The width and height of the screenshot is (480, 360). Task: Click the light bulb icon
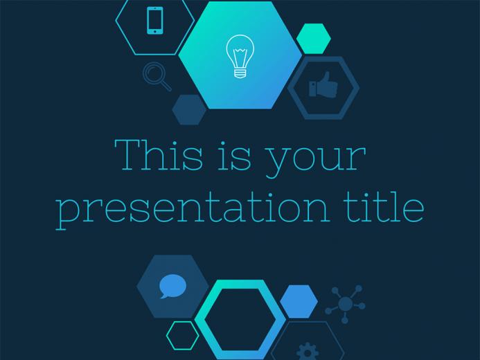point(240,56)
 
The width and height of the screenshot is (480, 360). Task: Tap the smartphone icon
point(155,21)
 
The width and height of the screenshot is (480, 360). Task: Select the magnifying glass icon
point(157,76)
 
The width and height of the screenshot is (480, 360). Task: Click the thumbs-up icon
point(323,85)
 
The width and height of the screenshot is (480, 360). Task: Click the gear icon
point(308,352)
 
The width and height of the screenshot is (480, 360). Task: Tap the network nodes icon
point(345,304)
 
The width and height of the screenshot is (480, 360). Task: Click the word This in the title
point(158,154)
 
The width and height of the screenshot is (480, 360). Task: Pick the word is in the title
point(234,156)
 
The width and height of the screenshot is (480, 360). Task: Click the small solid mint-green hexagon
point(314,39)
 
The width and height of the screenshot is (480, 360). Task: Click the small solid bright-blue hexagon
point(299,302)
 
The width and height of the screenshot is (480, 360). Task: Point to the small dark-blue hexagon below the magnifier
point(189,109)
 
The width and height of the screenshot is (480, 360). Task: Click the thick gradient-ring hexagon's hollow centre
point(240,320)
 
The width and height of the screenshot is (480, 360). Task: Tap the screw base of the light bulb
point(240,73)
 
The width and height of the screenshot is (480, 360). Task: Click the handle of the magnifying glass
point(166,85)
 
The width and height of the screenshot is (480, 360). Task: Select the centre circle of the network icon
point(346,303)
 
